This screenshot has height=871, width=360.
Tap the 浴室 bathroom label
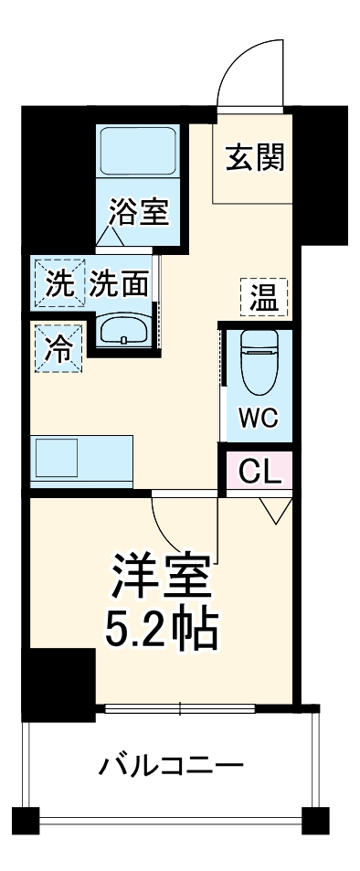click(x=138, y=213)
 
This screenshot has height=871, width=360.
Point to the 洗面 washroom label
click(x=119, y=284)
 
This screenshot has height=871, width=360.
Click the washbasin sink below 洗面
click(x=124, y=330)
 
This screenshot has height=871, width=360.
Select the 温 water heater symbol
click(x=264, y=297)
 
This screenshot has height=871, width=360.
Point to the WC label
click(x=259, y=420)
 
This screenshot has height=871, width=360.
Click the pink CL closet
click(x=259, y=473)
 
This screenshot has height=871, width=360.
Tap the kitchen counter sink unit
click(x=82, y=462)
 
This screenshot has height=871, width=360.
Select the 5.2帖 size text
click(x=162, y=628)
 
